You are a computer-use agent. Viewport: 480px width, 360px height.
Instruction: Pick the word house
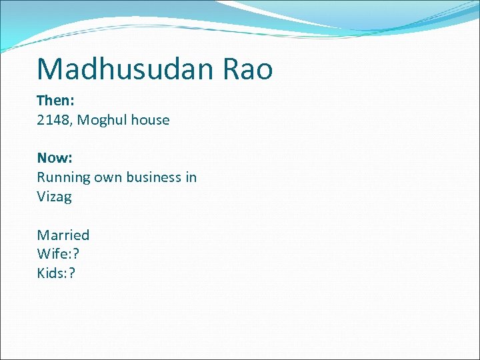pos(150,121)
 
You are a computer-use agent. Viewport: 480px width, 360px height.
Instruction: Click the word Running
pos(64,177)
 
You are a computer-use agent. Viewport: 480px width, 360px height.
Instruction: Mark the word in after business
pos(191,177)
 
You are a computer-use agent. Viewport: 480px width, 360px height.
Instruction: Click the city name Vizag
pos(54,197)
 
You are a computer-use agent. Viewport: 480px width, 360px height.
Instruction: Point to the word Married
pos(63,235)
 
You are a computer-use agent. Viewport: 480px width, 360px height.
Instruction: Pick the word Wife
pos(50,254)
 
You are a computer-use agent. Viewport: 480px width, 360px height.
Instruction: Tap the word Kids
pos(50,273)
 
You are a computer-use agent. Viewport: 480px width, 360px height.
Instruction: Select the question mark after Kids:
pos(72,273)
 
